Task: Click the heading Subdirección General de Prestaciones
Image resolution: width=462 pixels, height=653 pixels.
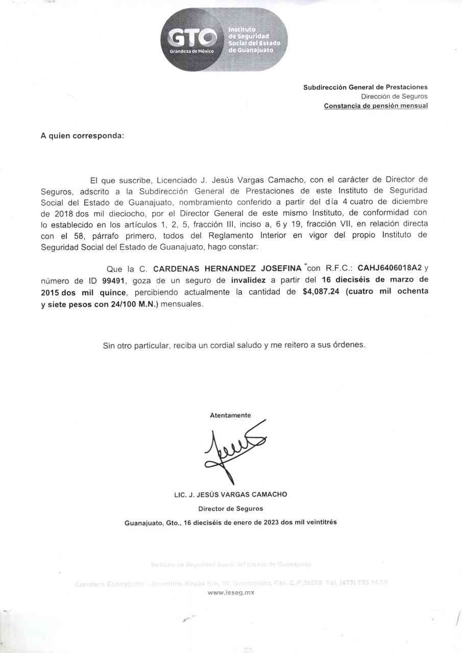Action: point(366,87)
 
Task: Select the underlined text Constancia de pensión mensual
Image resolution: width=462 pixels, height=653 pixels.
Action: point(376,106)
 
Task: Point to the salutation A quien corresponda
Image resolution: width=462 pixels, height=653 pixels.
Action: point(82,136)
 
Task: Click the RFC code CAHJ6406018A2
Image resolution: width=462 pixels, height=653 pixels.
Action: point(390,268)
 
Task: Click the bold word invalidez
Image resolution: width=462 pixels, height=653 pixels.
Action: point(248,280)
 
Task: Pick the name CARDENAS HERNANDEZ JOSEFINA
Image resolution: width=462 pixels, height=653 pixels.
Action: point(228,268)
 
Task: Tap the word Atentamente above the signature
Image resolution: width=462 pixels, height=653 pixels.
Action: point(230,415)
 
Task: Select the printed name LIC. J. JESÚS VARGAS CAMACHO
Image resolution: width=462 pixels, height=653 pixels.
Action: point(231,494)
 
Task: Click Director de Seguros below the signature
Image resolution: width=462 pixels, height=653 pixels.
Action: point(231,509)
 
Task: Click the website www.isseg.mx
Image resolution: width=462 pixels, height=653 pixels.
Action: point(231,592)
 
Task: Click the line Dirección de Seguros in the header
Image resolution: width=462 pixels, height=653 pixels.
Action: point(394,96)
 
